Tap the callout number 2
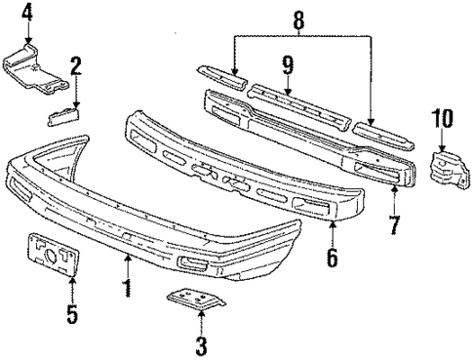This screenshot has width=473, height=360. pos(74,67)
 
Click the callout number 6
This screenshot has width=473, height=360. pos(333,258)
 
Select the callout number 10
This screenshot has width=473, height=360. pos(444,119)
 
